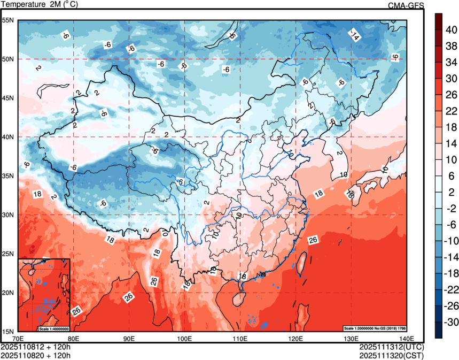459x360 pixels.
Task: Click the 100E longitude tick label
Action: pyautogui.click(x=185, y=339)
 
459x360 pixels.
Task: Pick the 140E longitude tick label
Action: pyautogui.click(x=407, y=339)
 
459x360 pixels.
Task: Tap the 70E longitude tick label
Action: pyautogui.click(x=18, y=339)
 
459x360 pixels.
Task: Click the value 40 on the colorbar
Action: pyautogui.click(x=451, y=30)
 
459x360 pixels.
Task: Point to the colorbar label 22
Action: pyautogui.click(x=451, y=111)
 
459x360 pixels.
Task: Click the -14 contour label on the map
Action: pyautogui.click(x=354, y=35)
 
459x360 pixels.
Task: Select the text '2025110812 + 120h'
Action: pyautogui.click(x=36, y=347)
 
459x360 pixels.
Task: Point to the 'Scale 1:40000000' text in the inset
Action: pyautogui.click(x=53, y=328)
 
